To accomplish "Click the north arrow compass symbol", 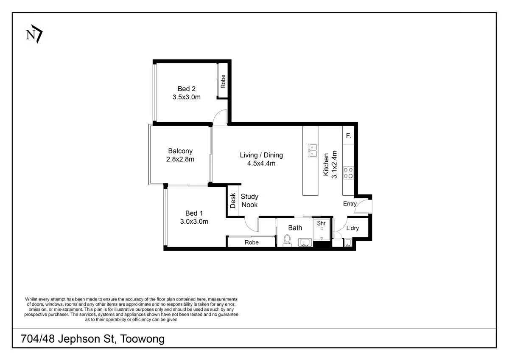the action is (34, 34).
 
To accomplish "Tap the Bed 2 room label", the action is (187, 89).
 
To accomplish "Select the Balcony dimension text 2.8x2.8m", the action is (180, 159).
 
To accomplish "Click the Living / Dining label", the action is (261, 155).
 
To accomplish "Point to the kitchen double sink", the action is (313, 150).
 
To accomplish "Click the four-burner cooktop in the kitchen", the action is (348, 173).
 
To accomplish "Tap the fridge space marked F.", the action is (348, 136).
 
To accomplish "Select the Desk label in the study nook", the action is (233, 200).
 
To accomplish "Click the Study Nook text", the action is (249, 200).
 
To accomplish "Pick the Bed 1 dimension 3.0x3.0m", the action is (194, 222).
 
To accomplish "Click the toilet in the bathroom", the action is (287, 241).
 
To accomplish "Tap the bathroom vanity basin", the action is (305, 242).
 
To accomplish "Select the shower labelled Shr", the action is (322, 230).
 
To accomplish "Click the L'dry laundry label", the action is (352, 228).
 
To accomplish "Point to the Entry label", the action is (350, 204).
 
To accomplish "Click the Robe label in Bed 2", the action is (223, 82).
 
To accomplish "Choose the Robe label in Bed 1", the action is (252, 242).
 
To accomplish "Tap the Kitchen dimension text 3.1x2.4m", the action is (334, 164).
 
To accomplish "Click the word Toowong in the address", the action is (142, 339).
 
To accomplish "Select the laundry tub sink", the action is (348, 243).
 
